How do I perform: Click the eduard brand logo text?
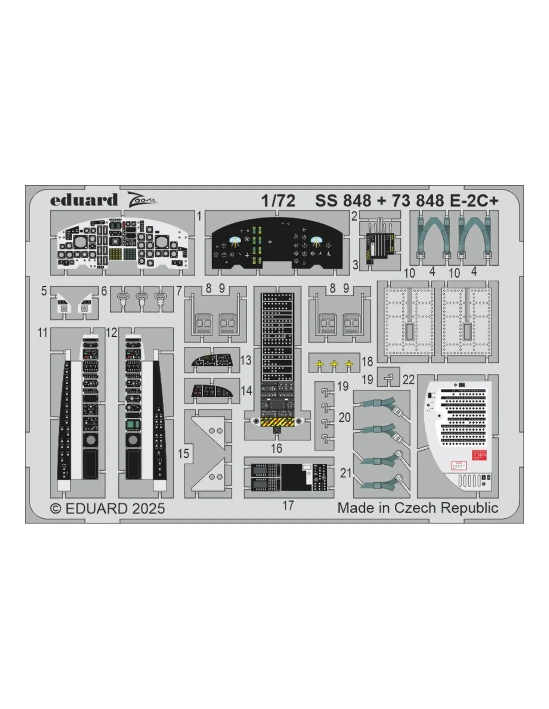coord(84,199)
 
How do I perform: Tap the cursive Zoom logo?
coord(141,199)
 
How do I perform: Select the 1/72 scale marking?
coord(278,200)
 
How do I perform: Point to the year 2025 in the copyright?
coord(149,509)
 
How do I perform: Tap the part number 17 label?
coord(288,506)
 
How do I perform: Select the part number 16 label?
coord(276,448)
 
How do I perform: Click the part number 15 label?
coord(184,453)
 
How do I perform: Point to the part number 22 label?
coord(409,379)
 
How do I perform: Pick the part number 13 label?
coord(246,360)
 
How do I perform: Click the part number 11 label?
coord(43,333)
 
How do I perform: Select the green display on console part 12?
coord(132,424)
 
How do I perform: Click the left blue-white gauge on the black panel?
coord(235,240)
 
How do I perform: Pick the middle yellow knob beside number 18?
coord(334,364)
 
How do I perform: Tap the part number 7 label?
coord(179,291)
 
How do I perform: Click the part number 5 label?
coord(44,291)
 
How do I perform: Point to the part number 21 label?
coord(346,473)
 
